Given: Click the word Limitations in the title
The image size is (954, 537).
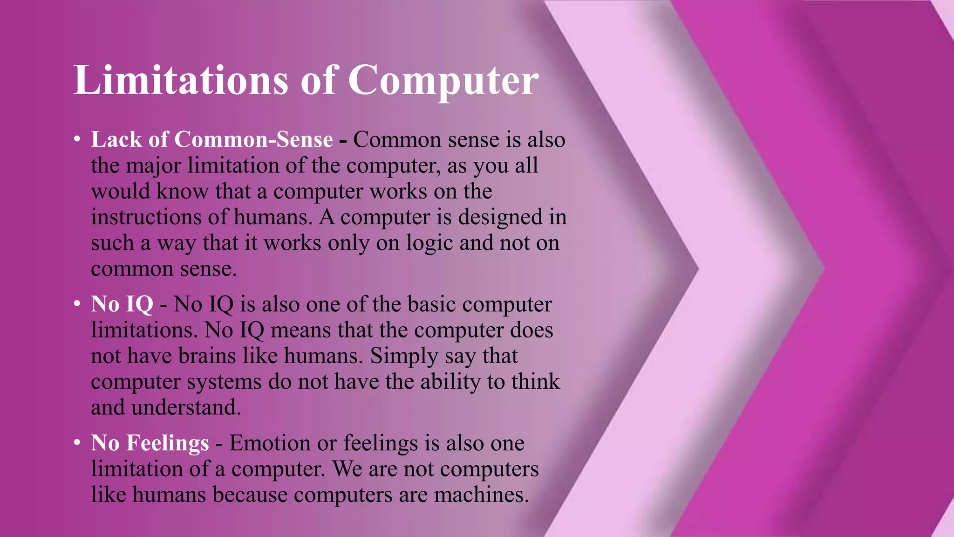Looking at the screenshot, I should click(181, 80).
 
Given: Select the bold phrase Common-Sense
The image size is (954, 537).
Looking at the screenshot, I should click(253, 139).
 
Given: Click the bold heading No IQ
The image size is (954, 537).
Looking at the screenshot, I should click(122, 304).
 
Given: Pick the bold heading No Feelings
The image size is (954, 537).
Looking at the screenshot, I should click(150, 442).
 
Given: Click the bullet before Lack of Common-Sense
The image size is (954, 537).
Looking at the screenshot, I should click(77, 139).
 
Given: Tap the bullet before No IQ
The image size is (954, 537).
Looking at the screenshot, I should click(77, 304).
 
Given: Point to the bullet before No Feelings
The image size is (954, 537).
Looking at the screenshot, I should click(77, 442).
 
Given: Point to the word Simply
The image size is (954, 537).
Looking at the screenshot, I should click(404, 356).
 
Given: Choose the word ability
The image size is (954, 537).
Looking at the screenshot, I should click(450, 382).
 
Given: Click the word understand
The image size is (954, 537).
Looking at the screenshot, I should click(186, 407).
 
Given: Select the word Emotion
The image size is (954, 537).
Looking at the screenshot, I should click(270, 443).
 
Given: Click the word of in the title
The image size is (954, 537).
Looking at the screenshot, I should click(318, 80).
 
